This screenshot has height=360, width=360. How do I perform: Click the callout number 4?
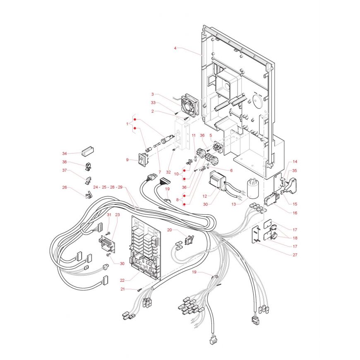point(175,48)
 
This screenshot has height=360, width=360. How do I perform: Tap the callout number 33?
point(153,102)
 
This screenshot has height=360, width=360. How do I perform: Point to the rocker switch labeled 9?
point(143,158)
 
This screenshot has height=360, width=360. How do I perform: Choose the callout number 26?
point(65,187)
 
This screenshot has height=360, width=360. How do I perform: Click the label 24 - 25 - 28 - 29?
point(108,187)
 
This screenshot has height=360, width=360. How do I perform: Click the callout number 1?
point(127,123)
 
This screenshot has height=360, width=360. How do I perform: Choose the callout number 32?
point(168,172)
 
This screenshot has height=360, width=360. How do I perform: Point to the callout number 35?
point(295,170)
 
